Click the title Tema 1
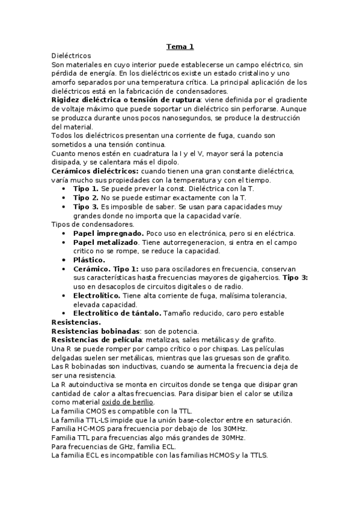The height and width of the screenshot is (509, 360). pyautogui.click(x=180, y=46)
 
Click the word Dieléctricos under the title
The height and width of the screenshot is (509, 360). pyautogui.click(x=72, y=55)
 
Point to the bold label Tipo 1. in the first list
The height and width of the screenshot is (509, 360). pyautogui.click(x=86, y=189)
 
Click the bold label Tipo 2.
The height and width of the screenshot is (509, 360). pyautogui.click(x=86, y=197)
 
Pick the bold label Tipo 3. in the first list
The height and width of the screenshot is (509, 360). pyautogui.click(x=86, y=206)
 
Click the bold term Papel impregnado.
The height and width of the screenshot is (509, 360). pyautogui.click(x=108, y=233)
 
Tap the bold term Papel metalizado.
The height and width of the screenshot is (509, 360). pyautogui.click(x=107, y=242)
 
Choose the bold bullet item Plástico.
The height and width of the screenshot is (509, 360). pyautogui.click(x=89, y=260)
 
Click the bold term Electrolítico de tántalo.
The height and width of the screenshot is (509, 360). pyautogui.click(x=117, y=313)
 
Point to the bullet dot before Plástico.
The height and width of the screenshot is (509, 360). pyautogui.click(x=64, y=260)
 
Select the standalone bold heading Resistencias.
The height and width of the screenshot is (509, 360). pyautogui.click(x=76, y=322)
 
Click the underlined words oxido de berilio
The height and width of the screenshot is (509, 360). pyautogui.click(x=127, y=402)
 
